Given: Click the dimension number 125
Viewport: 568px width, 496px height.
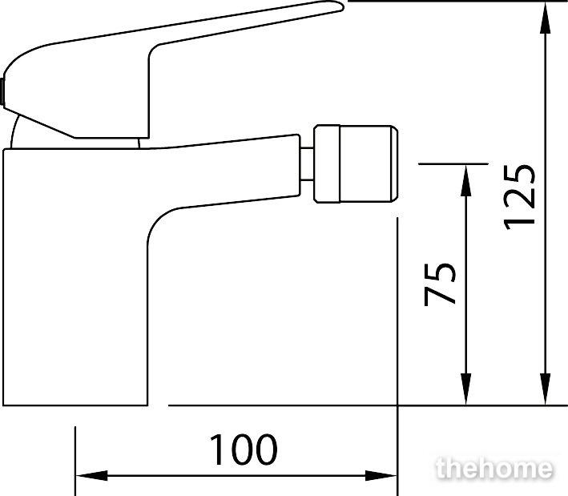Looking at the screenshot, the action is click(519, 197).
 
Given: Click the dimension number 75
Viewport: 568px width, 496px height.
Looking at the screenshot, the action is click(439, 284).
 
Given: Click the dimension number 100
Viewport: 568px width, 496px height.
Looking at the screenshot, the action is click(244, 450).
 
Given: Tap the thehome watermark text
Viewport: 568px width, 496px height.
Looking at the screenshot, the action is click(494, 469).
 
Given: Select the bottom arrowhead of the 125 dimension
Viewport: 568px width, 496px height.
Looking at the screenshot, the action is click(546, 389).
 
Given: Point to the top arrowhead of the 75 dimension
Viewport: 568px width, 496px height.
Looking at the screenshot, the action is click(466, 180).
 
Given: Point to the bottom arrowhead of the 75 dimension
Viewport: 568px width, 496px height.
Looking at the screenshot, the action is click(466, 389).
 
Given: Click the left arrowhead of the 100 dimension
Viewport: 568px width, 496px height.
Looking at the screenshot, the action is click(91, 476).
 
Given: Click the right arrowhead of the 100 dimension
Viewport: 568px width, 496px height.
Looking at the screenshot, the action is click(381, 476).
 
